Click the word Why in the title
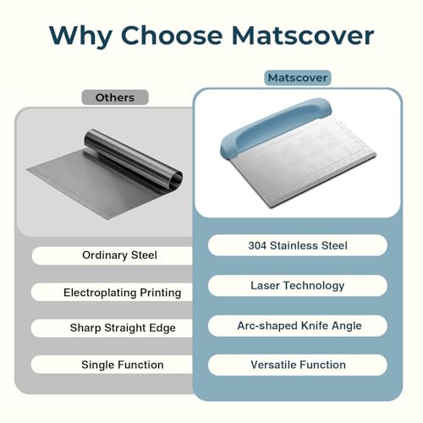pyautogui.click(x=80, y=36)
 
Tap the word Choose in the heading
pyautogui.click(x=172, y=36)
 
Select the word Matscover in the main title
pyautogui.click(x=303, y=36)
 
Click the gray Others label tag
pyautogui.click(x=115, y=97)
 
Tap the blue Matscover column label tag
pyautogui.click(x=298, y=78)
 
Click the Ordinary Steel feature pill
pyautogui.click(x=113, y=255)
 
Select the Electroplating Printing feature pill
pyautogui.click(x=113, y=292)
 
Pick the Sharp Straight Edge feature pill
pyautogui.click(x=113, y=328)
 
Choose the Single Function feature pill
pyautogui.click(x=113, y=365)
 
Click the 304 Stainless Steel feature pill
pyautogui.click(x=298, y=245)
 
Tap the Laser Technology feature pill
pyautogui.click(x=298, y=285)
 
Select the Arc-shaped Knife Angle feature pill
pyautogui.click(x=298, y=326)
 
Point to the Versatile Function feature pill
pyautogui.click(x=298, y=365)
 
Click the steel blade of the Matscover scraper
pyautogui.click(x=305, y=167)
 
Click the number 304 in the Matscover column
pyautogui.click(x=257, y=245)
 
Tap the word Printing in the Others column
pyautogui.click(x=161, y=293)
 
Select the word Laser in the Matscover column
pyautogui.click(x=265, y=285)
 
